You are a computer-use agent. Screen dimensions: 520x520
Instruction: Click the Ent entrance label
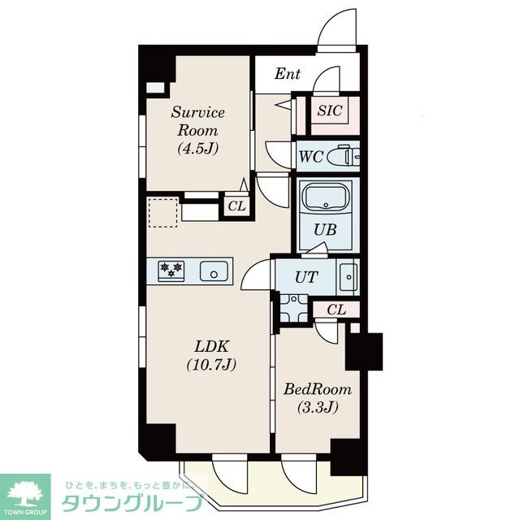(x=287, y=74)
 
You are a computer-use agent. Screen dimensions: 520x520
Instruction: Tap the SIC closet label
(x=329, y=110)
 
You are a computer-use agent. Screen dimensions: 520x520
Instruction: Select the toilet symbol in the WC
(x=343, y=156)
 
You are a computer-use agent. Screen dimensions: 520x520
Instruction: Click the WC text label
(x=310, y=157)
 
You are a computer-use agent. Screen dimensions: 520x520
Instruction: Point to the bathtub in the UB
(x=326, y=197)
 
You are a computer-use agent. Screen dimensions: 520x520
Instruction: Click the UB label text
(x=325, y=229)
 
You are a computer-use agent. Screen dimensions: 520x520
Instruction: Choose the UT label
(x=306, y=277)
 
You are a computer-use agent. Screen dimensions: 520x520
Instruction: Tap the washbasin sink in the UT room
(x=349, y=277)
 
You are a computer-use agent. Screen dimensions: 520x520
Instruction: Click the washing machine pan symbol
(x=294, y=308)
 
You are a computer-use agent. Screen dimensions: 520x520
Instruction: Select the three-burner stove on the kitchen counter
(x=171, y=271)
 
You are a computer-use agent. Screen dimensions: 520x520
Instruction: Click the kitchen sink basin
(x=214, y=271)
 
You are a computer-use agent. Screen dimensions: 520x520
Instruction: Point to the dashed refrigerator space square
(x=162, y=213)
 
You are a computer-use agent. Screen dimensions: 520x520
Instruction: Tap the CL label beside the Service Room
(x=236, y=206)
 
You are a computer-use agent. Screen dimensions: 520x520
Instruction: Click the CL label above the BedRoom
(x=336, y=310)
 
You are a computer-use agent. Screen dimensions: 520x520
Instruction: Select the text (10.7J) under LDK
(x=211, y=365)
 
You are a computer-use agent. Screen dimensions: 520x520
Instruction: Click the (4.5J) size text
(x=198, y=148)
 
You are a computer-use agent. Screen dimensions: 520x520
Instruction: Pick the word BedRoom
(x=318, y=389)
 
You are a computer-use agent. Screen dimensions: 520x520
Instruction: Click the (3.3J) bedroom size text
(x=318, y=407)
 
